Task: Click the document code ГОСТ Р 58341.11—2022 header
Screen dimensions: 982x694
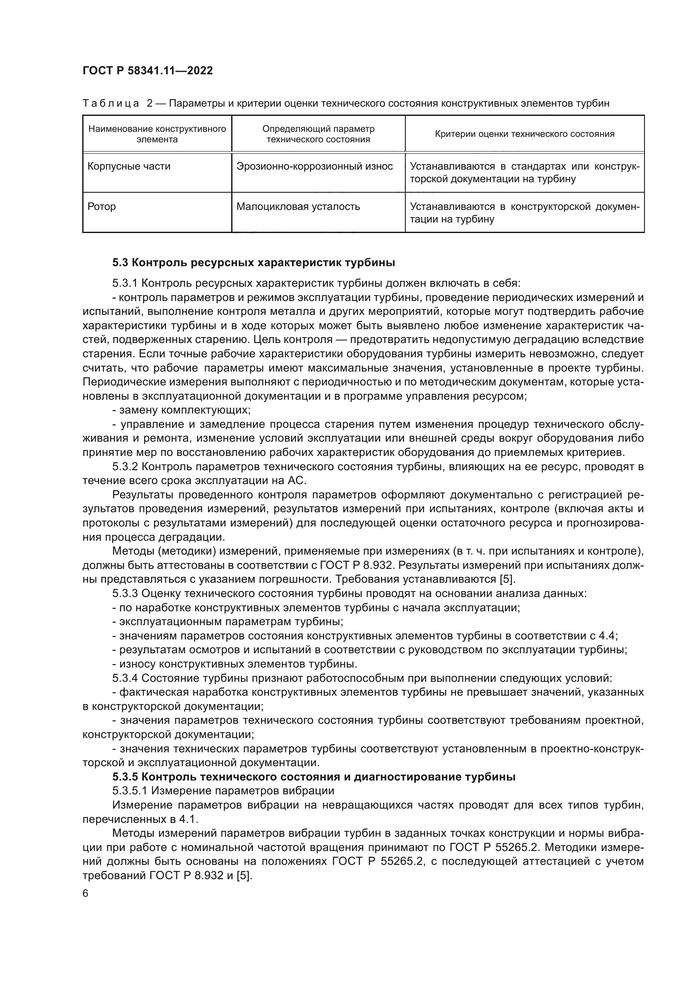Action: point(147,71)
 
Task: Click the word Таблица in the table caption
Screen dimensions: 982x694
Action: point(111,104)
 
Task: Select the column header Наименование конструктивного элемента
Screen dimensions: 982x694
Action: point(157,134)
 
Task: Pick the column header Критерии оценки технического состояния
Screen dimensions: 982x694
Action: point(524,134)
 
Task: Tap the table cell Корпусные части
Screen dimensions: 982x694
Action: point(129,166)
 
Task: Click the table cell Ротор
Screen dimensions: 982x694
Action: point(102,207)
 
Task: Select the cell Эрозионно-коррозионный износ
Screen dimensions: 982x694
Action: point(315,166)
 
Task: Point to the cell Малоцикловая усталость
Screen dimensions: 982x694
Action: point(298,207)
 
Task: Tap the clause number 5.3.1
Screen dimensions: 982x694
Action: point(125,283)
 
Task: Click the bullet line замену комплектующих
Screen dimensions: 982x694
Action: point(182,410)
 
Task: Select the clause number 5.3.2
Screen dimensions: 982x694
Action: point(125,466)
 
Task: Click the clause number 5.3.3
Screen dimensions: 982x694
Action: point(125,594)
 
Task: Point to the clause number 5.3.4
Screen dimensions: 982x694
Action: point(125,678)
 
